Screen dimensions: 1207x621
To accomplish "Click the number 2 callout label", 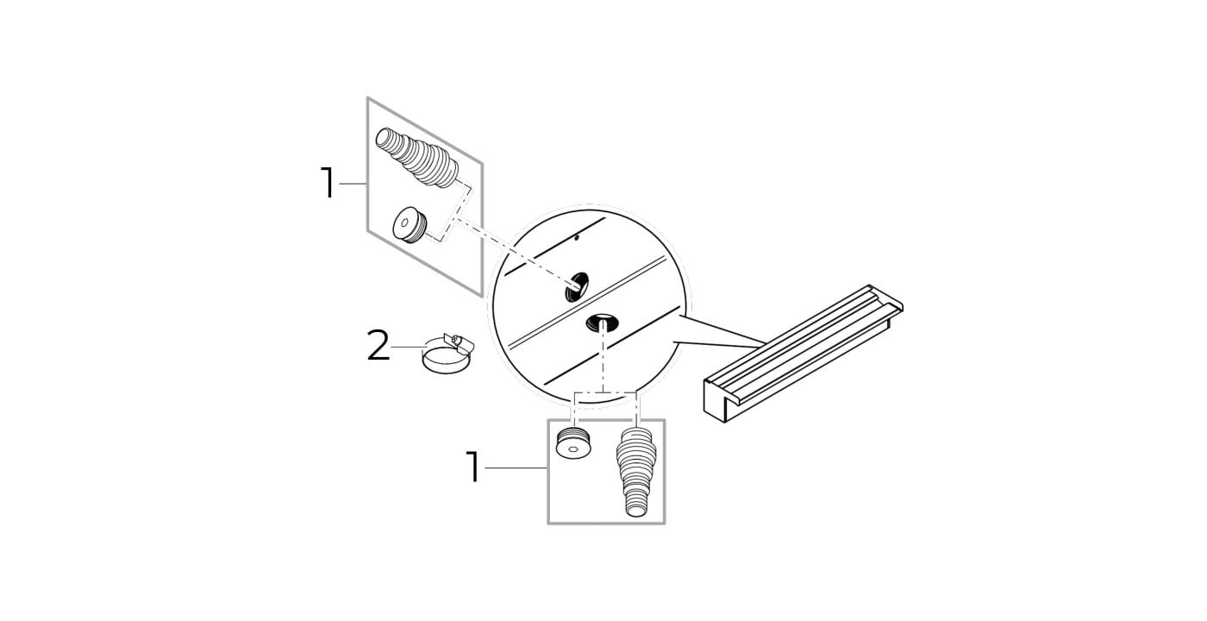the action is click(x=378, y=346).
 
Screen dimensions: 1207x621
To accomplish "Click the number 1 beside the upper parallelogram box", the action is click(x=328, y=183).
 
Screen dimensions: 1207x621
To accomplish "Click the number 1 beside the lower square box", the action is click(x=472, y=467).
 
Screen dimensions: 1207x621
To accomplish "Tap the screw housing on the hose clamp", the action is click(x=458, y=342).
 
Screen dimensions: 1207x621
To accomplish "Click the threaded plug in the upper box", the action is click(x=410, y=226).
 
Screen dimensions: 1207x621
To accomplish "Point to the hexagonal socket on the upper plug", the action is click(x=403, y=223).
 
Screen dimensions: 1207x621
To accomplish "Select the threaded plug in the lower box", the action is click(x=575, y=442).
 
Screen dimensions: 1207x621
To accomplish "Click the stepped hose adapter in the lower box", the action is click(x=636, y=472).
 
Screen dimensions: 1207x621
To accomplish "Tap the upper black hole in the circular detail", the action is click(x=577, y=286).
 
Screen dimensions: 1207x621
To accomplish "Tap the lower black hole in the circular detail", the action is click(x=602, y=323).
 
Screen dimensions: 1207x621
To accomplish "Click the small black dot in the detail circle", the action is click(x=577, y=237).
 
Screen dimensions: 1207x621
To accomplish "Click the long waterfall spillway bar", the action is click(x=803, y=353).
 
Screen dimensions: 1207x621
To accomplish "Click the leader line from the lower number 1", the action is click(x=516, y=467).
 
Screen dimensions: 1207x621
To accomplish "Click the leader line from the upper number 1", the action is click(x=353, y=184).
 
